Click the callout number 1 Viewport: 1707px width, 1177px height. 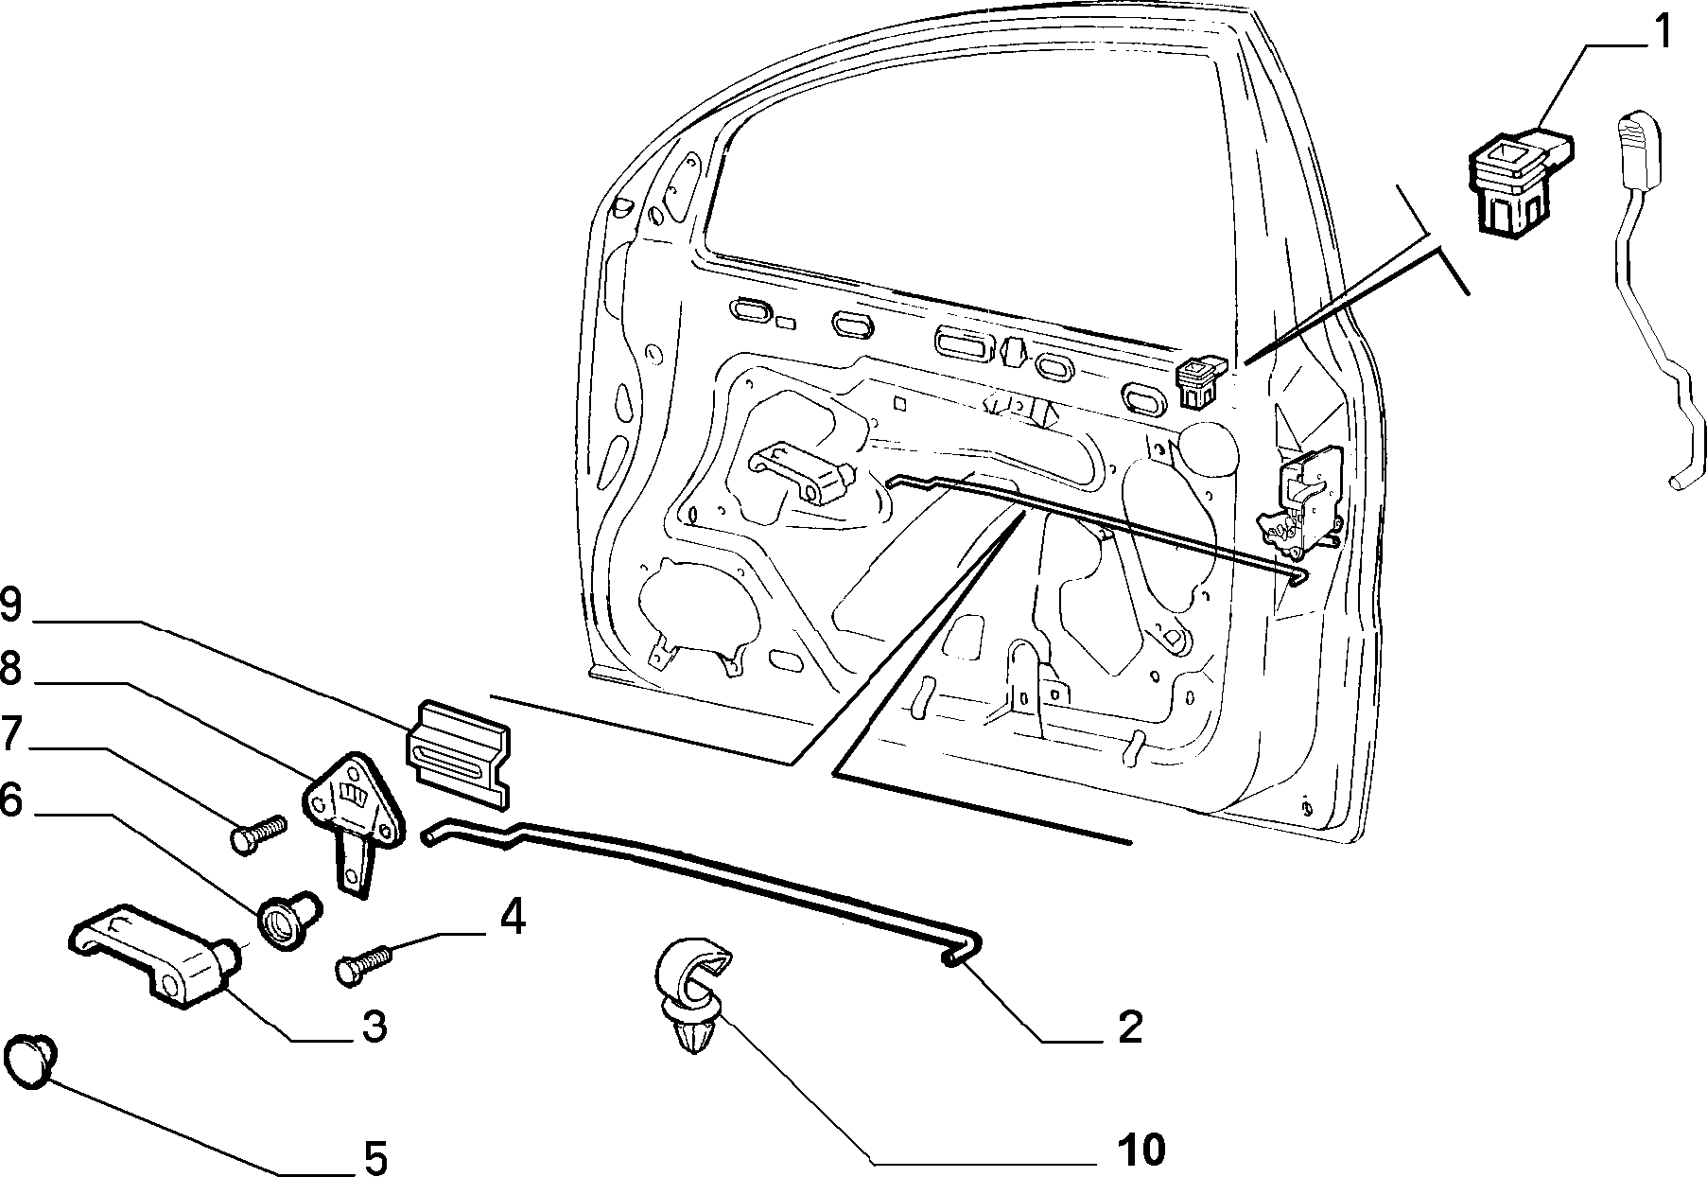(1661, 31)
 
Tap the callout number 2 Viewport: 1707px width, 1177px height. (1130, 1027)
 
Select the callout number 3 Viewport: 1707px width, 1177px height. (374, 1026)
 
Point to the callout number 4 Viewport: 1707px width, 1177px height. (511, 919)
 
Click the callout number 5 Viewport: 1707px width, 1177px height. (374, 1156)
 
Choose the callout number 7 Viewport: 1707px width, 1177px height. (10, 735)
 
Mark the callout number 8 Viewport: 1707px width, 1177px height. (10, 670)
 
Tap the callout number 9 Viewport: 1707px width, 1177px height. (10, 606)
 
